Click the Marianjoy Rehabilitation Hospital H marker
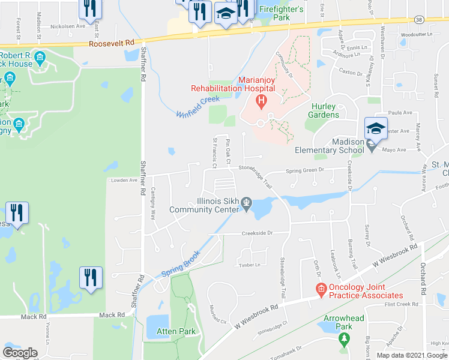coord(261,100)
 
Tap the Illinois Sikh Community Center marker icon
coord(247,208)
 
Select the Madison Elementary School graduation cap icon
coord(376,128)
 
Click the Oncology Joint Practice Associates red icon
coord(321,289)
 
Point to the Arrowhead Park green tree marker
coord(344,340)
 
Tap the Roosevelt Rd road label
coord(111,44)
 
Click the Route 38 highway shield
coord(419,20)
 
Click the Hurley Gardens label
coord(325,110)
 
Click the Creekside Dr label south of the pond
coord(258,233)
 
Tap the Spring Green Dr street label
coord(304,170)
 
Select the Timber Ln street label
coord(250,265)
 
